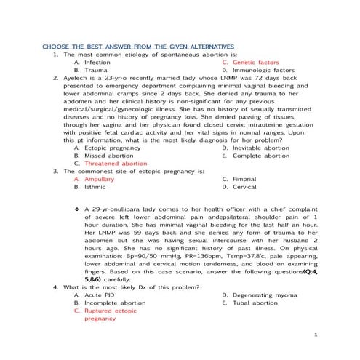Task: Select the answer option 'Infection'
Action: coord(97,63)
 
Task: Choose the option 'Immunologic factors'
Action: coord(266,71)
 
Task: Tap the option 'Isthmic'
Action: coord(95,187)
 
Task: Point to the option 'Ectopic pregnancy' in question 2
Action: coord(113,147)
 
